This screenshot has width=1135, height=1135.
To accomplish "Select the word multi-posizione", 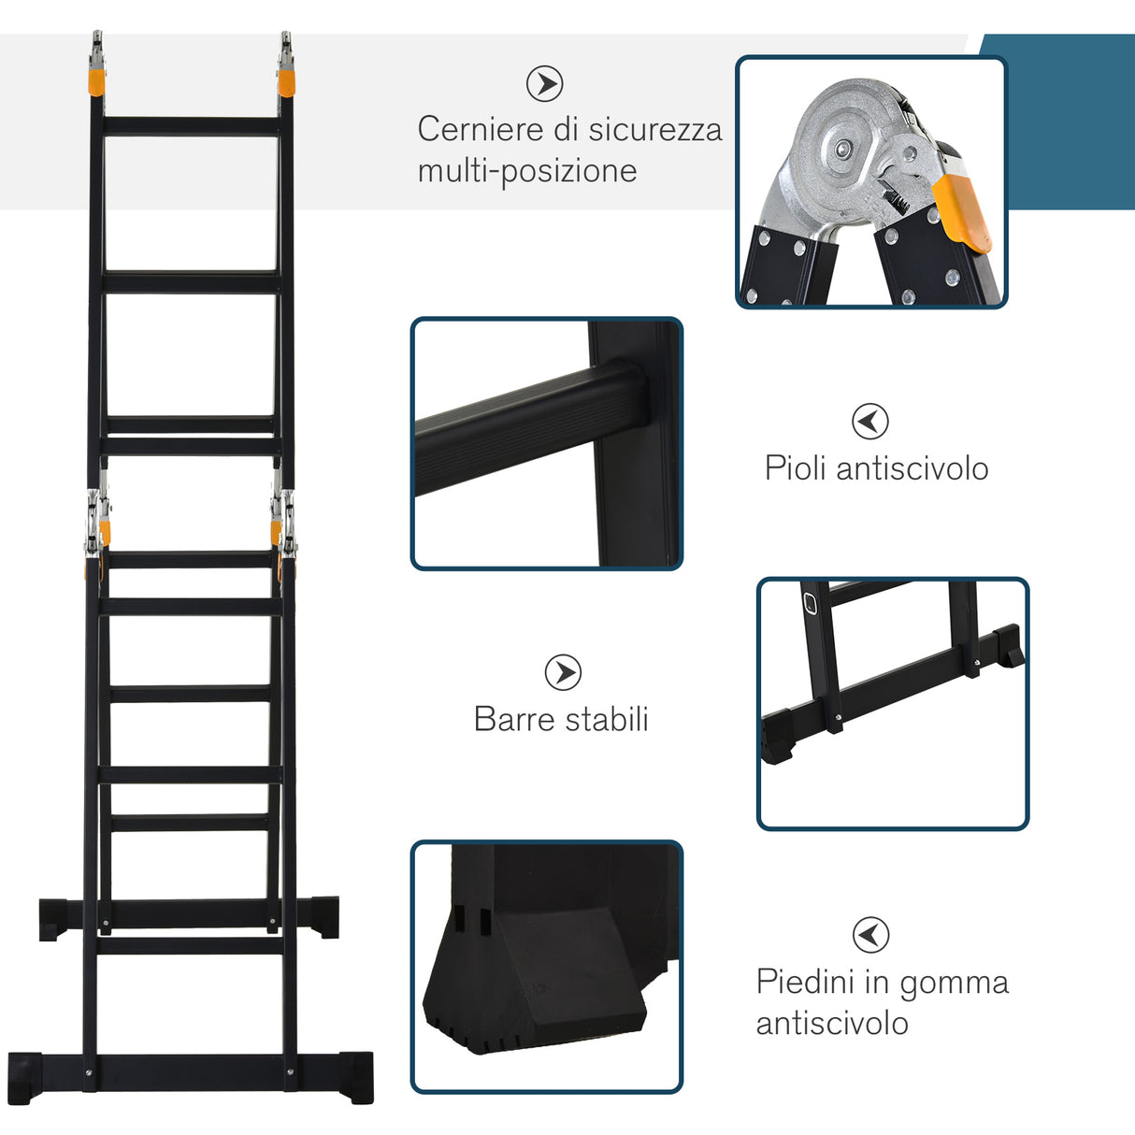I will click(527, 171).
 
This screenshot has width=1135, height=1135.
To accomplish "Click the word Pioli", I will click(796, 467).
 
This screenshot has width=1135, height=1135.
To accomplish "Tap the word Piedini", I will click(805, 982).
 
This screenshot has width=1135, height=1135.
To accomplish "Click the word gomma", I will click(954, 984).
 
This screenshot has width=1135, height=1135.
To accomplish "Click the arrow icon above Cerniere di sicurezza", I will click(544, 83).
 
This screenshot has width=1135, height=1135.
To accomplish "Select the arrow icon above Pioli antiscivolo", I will click(870, 421).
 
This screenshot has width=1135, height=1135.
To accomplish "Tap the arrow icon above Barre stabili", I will click(563, 672).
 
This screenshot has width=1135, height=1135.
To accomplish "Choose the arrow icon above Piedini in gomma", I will click(870, 935).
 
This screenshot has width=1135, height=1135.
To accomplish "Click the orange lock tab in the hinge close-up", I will click(961, 210).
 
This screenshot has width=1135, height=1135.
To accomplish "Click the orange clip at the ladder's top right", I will click(287, 79).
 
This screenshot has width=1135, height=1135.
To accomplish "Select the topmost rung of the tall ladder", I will click(192, 126).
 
